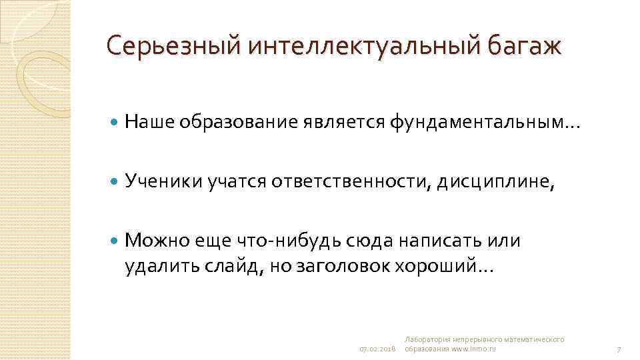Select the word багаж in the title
525,46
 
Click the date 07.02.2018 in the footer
378,349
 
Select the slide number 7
619,349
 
